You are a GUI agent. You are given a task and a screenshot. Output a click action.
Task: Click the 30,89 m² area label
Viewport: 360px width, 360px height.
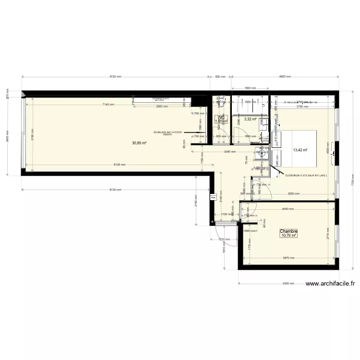[139, 143]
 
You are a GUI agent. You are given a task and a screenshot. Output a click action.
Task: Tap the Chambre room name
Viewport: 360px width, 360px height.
[289, 231]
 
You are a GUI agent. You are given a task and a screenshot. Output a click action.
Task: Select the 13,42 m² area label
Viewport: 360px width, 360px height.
[300, 150]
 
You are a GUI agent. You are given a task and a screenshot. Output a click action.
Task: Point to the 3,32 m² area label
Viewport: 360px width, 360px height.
[250, 119]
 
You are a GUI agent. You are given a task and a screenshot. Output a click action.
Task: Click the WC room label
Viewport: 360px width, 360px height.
[221, 117]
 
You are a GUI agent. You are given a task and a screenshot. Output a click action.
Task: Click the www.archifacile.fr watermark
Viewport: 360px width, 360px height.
[330, 284]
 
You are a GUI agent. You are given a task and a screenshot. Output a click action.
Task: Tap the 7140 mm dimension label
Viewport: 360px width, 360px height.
[108, 105]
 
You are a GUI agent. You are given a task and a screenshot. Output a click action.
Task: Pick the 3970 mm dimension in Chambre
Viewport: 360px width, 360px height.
[288, 258]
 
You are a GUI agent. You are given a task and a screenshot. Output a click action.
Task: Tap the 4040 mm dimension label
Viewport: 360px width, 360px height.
[288, 209]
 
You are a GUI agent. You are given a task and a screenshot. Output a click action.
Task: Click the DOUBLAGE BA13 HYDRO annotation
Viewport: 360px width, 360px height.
[168, 133]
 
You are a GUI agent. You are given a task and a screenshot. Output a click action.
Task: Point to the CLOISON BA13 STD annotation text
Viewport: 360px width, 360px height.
[305, 176]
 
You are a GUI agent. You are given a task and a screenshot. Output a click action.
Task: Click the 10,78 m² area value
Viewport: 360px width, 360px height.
[289, 236]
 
